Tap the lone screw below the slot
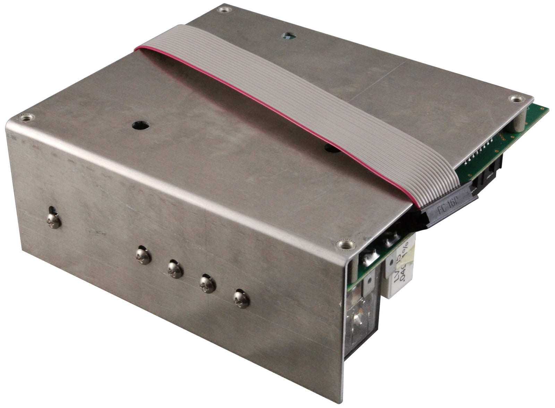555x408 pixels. tap(53, 221)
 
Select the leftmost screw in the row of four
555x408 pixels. tap(143, 255)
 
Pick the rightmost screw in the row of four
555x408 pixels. tap(241, 299)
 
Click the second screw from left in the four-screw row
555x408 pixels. tap(175, 269)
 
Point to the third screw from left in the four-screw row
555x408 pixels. tap(208, 284)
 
